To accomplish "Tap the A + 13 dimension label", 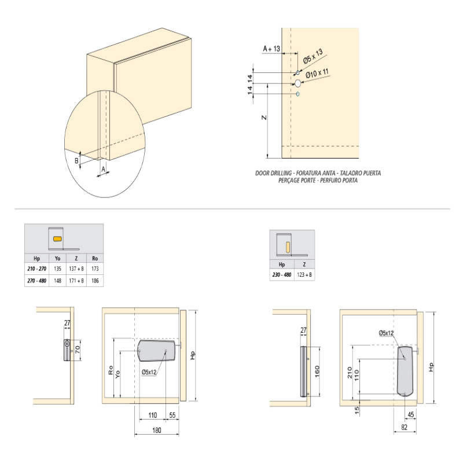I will point(271,50).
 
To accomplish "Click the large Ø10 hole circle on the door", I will point(298,83).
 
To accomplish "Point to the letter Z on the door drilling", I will point(263,118).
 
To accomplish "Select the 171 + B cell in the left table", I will point(76,281).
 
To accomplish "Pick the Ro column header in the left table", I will point(95,259).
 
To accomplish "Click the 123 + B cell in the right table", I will point(304,275).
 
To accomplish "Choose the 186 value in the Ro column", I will point(95,281).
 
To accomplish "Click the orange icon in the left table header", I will point(57,238).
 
